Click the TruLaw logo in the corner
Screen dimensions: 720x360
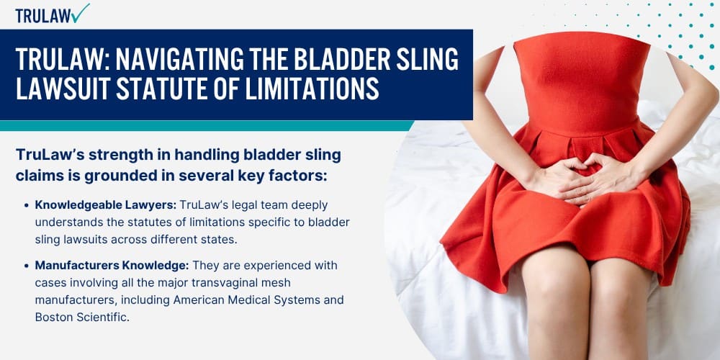[53, 14]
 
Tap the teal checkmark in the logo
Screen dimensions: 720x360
[81, 13]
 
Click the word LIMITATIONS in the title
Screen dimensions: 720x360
[312, 88]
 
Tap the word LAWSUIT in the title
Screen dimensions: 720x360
[63, 88]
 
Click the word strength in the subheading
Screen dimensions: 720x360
[115, 156]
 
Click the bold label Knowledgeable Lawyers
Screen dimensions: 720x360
[106, 204]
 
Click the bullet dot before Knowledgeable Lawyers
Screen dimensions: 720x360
[26, 205]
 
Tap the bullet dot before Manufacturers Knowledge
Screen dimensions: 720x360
[26, 266]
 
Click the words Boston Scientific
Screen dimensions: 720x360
[82, 318]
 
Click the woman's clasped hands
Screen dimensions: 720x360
[580, 178]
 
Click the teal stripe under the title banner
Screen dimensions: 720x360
[207, 125]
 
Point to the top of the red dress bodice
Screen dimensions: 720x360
[581, 37]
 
